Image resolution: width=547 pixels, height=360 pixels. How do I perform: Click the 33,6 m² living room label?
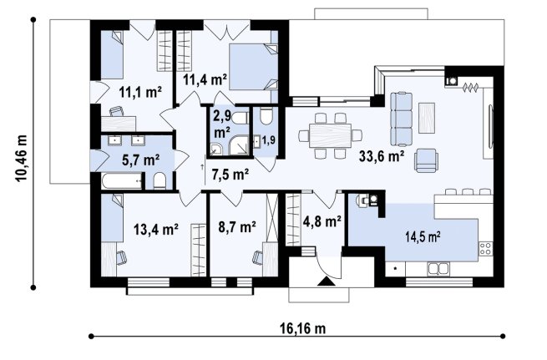382,156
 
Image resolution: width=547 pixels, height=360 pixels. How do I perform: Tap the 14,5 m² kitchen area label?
423,236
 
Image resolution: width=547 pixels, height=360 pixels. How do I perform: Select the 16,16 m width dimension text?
302,328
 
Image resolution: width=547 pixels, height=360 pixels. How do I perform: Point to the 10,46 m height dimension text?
21,158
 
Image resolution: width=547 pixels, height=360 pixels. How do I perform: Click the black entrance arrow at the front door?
327,281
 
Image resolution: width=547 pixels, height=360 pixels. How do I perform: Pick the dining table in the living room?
330,135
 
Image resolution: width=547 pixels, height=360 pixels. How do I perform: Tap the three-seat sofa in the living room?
402,119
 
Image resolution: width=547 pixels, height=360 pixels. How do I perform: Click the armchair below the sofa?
426,160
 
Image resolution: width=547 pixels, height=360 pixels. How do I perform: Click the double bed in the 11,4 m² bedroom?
254,67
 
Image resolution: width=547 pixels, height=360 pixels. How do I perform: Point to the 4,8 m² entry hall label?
322,221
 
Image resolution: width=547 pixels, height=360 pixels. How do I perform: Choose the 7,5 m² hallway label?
230,174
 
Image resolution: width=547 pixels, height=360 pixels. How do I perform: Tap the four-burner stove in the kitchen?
485,248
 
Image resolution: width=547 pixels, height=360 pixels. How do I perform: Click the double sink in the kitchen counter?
438,269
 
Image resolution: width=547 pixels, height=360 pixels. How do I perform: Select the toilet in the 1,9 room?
266,116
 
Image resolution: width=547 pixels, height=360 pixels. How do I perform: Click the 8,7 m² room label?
237,227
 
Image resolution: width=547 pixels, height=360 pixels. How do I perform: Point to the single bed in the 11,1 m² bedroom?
112,55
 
